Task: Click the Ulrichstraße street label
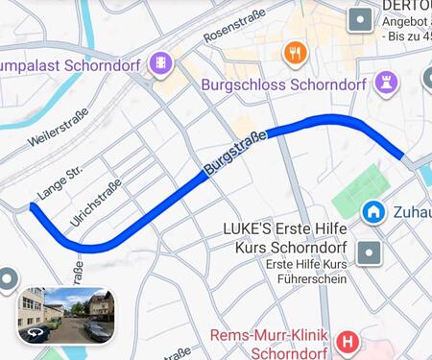tap(95, 203)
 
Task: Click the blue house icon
tap(372, 210)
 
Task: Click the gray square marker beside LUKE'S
tap(369, 253)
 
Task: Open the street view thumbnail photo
tap(67, 315)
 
